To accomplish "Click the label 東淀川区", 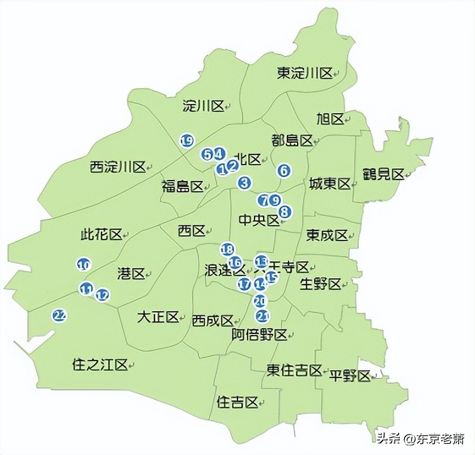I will point(304,73).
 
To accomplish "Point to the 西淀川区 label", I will point(118,167).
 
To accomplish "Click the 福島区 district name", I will point(182,186).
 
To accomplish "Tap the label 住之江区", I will point(100,365).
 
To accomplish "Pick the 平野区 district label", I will point(350,376).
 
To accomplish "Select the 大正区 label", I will point(158,317).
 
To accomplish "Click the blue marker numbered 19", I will point(186,141).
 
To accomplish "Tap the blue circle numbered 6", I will point(284,170).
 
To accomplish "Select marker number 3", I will point(244,183).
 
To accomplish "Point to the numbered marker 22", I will point(59,316).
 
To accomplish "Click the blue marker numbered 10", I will point(84,264).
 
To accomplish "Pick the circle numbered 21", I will point(262,316).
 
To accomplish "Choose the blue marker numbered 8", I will point(285,212).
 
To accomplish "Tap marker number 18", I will point(227,249).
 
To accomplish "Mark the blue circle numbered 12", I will point(103,295).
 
